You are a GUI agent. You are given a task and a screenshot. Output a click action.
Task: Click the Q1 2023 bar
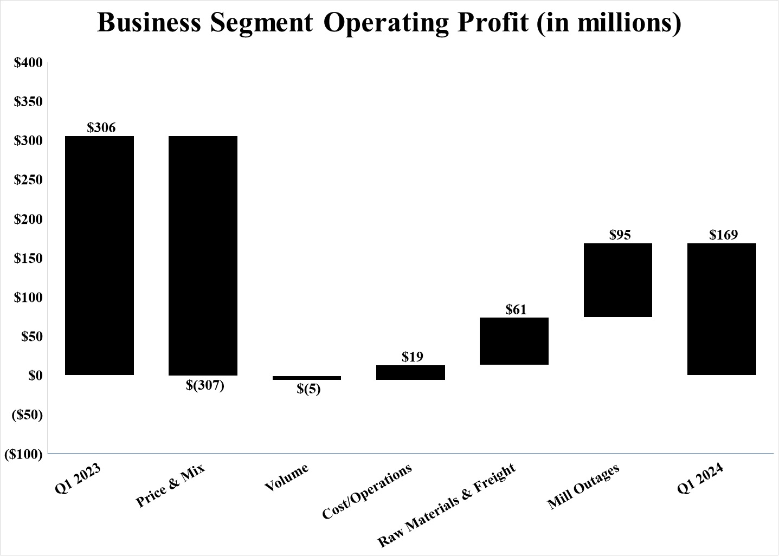click(x=99, y=255)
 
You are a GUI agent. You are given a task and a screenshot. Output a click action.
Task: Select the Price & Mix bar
click(x=203, y=255)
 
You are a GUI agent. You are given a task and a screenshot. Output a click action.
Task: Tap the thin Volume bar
click(x=307, y=378)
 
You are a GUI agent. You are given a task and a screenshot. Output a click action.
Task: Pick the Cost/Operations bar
click(x=410, y=372)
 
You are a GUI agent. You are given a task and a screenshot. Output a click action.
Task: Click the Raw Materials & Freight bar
click(x=514, y=341)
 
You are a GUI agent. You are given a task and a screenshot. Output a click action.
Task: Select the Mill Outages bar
click(x=618, y=280)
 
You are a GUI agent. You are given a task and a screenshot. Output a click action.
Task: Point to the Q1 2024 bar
click(x=722, y=309)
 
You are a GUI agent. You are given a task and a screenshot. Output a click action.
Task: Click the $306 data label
click(x=101, y=128)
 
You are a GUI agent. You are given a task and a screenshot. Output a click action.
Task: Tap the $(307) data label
click(x=205, y=386)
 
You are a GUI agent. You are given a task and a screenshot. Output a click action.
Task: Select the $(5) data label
click(x=308, y=389)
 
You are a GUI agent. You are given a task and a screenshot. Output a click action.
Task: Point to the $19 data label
click(x=413, y=357)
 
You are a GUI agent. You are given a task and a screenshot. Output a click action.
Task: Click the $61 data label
click(x=516, y=309)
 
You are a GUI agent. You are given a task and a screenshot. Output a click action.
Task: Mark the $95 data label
click(x=620, y=235)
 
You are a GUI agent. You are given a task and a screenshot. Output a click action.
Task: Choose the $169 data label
click(x=724, y=235)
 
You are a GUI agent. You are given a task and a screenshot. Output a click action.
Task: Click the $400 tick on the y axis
click(x=28, y=63)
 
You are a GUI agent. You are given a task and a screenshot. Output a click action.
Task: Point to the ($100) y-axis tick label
click(x=23, y=454)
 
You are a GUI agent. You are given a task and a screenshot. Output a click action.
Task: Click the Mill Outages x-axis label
click(x=583, y=487)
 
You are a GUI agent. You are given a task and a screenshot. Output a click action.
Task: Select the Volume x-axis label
click(x=286, y=477)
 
